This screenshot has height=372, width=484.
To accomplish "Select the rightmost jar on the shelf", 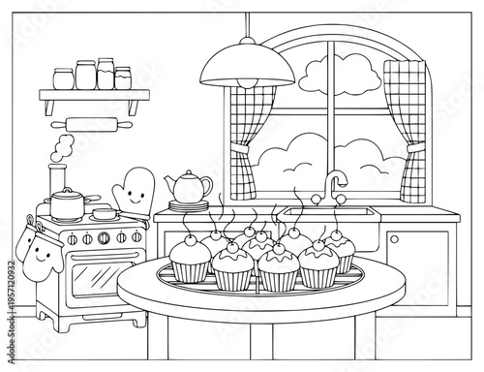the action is [123, 77].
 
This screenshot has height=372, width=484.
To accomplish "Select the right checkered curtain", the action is [404, 126].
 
